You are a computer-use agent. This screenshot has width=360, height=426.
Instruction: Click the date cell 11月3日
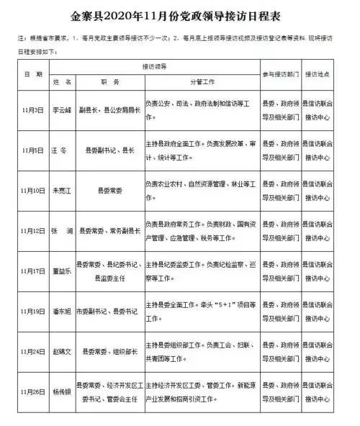click(x=31, y=110)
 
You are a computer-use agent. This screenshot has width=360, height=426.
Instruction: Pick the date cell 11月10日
click(x=31, y=191)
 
